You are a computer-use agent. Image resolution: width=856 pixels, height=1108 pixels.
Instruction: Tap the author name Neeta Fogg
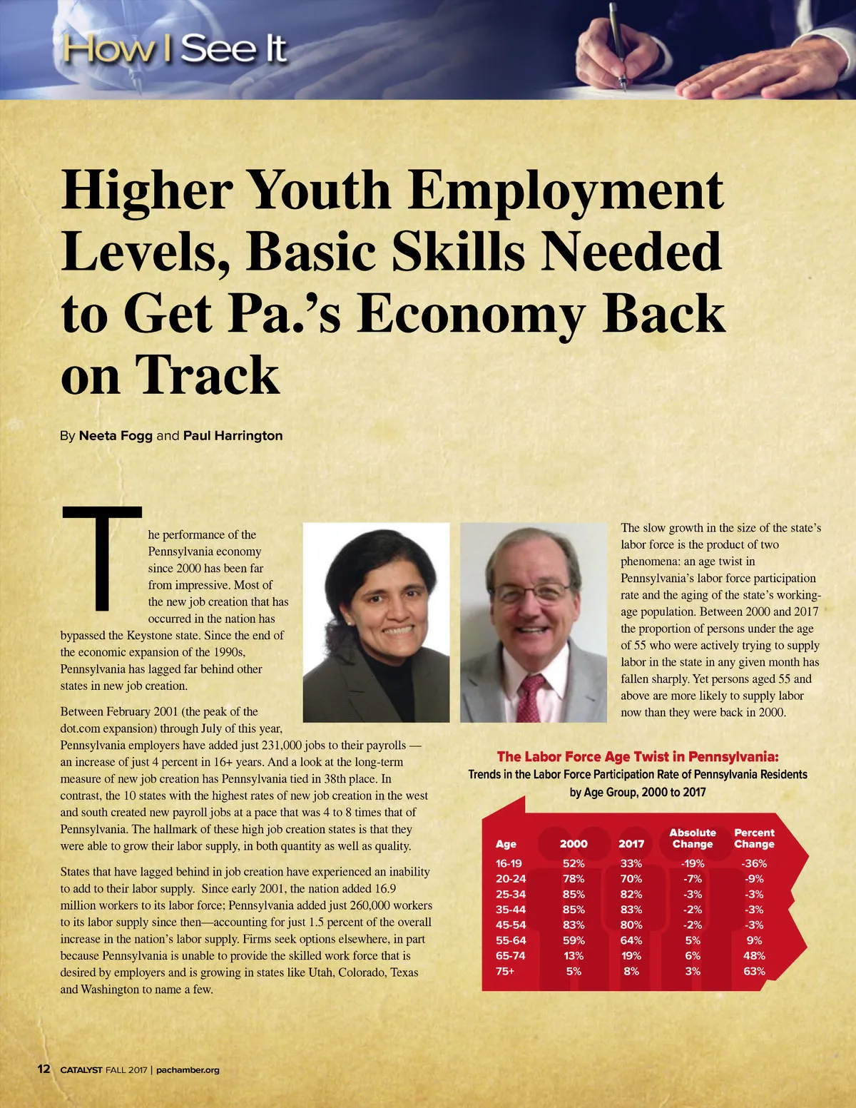(116, 435)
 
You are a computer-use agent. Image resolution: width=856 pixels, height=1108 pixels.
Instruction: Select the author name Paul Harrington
(233, 435)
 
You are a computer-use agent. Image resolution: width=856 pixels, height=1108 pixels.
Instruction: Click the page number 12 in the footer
(44, 1069)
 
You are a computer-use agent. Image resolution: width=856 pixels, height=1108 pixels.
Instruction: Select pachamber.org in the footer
(188, 1069)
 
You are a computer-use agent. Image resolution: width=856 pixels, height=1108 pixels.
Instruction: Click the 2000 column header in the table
(574, 843)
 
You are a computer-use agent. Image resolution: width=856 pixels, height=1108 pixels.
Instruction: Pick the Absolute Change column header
(693, 838)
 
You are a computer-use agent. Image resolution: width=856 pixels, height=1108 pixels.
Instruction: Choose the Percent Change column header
(754, 838)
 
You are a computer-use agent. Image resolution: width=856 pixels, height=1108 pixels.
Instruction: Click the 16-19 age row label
(509, 863)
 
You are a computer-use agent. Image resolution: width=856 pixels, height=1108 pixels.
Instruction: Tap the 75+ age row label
(505, 971)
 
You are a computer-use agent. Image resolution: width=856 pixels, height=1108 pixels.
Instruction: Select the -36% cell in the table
(754, 863)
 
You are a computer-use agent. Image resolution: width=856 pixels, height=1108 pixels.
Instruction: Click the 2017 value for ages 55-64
(631, 940)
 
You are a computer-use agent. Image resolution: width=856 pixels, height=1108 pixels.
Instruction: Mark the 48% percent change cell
(754, 956)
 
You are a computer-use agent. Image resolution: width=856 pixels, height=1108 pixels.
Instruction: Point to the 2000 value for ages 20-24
(574, 879)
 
